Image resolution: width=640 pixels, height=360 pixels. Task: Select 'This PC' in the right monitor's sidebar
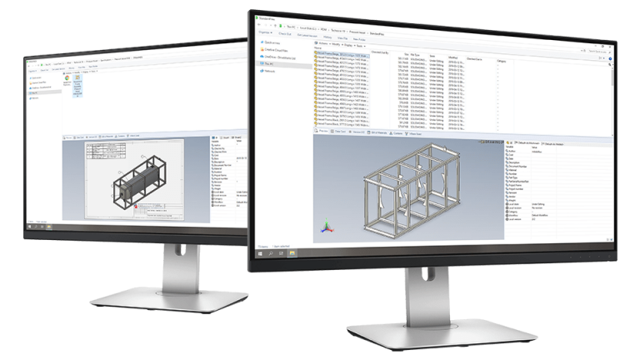269,62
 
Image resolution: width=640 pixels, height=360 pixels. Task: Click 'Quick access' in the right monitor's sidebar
271,41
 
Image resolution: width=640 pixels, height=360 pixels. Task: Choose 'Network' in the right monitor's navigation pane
269,72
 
